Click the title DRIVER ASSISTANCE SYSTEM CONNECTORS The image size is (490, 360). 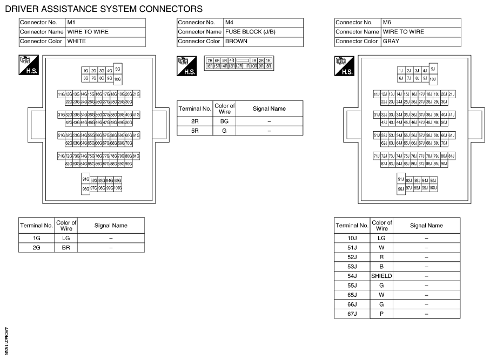104,9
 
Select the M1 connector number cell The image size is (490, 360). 105,23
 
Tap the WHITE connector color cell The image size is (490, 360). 105,42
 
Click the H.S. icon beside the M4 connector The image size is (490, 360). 186,66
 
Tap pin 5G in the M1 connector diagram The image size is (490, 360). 118,69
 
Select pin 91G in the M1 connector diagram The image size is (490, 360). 85,179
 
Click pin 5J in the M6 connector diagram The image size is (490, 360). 433,69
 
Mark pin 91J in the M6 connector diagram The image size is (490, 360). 401,179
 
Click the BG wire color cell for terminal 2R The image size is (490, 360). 224,122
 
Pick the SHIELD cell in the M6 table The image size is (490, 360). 381,276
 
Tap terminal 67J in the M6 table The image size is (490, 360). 352,314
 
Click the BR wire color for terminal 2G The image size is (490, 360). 66,248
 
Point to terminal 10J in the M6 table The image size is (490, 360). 352,238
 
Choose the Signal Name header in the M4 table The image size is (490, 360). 269,108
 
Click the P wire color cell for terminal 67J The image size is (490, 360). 381,314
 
